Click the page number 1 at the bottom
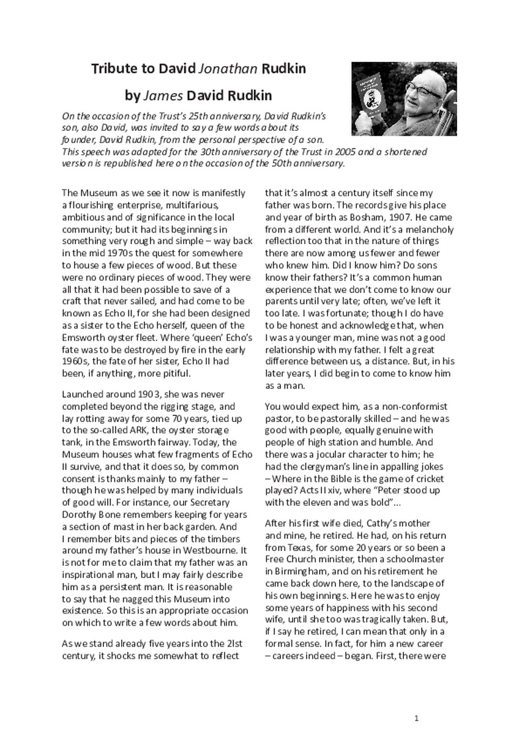click(x=416, y=717)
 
